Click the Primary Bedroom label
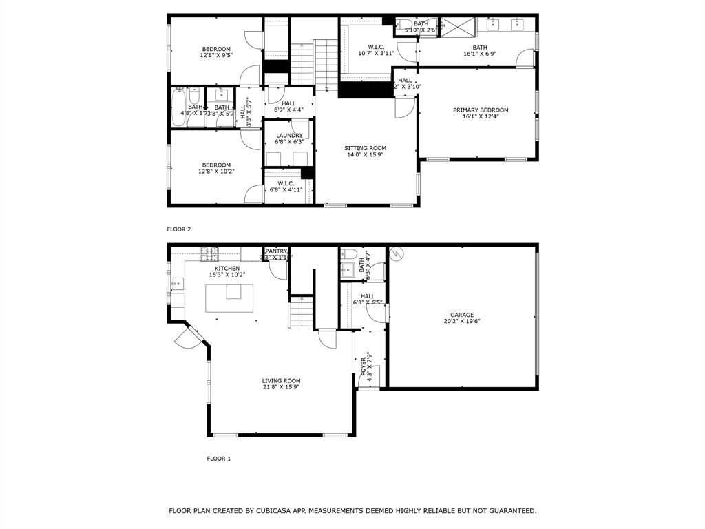coord(481,110)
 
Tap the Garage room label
coord(462,315)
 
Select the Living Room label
coord(281,380)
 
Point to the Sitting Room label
coord(365,148)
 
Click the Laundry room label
coord(289,136)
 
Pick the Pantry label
coord(276,251)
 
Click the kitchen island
coord(224,298)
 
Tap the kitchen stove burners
coord(209,254)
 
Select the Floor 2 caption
coord(178,229)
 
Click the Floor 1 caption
coord(219,458)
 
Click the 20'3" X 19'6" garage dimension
coord(462,321)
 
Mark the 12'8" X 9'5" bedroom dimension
coord(216,55)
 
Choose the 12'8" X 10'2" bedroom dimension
coord(216,172)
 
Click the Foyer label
coord(364,366)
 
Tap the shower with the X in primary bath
coord(457,27)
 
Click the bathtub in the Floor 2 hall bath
coord(179,108)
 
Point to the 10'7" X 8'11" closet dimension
coord(376,53)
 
